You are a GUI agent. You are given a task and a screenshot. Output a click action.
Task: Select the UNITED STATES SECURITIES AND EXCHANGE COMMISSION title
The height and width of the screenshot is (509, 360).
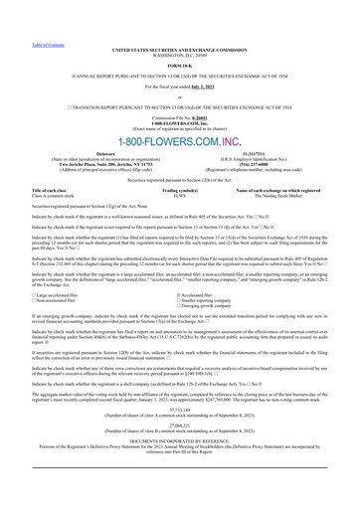pos(179,20)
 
